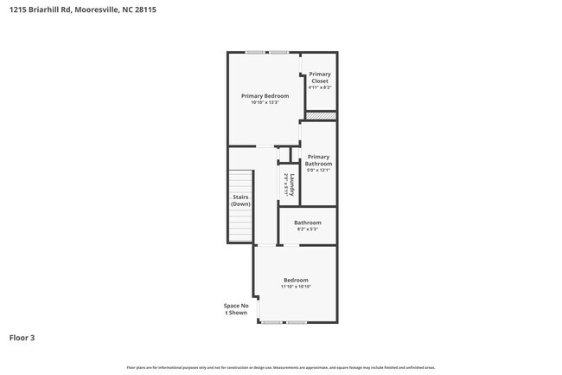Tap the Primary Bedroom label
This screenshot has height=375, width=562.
pos(265,95)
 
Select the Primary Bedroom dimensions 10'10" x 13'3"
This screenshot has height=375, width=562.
pos(265,102)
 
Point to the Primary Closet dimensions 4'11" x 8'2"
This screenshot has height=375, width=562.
pos(319,87)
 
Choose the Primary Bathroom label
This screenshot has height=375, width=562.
pos(318,160)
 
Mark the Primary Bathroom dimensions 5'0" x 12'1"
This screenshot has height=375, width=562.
pos(318,170)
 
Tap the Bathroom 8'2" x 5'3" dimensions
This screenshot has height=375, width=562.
pos(308,230)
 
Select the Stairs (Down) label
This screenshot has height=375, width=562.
pos(240,200)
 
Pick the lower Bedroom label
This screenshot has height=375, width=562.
pos(296,280)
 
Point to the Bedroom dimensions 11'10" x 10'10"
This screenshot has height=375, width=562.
pos(296,287)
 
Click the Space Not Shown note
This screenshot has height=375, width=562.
pos(236,309)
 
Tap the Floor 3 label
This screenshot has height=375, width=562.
pos(22,337)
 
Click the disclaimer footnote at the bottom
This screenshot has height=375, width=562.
pos(280,368)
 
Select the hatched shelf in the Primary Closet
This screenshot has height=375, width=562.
pos(323,115)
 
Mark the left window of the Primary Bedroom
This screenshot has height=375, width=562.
pos(255,53)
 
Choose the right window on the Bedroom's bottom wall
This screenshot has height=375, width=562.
pos(297,322)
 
